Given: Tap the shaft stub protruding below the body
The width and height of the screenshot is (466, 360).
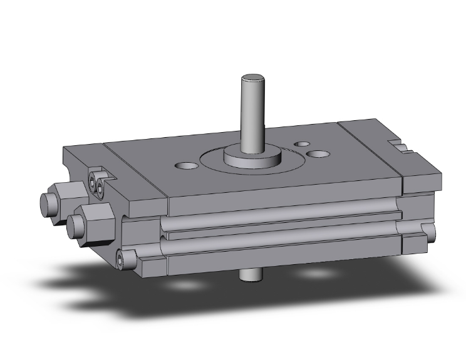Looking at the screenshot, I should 250,275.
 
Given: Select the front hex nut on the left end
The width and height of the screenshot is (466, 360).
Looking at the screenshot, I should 94,219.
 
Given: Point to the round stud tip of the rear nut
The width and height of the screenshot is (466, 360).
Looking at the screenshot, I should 46,203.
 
